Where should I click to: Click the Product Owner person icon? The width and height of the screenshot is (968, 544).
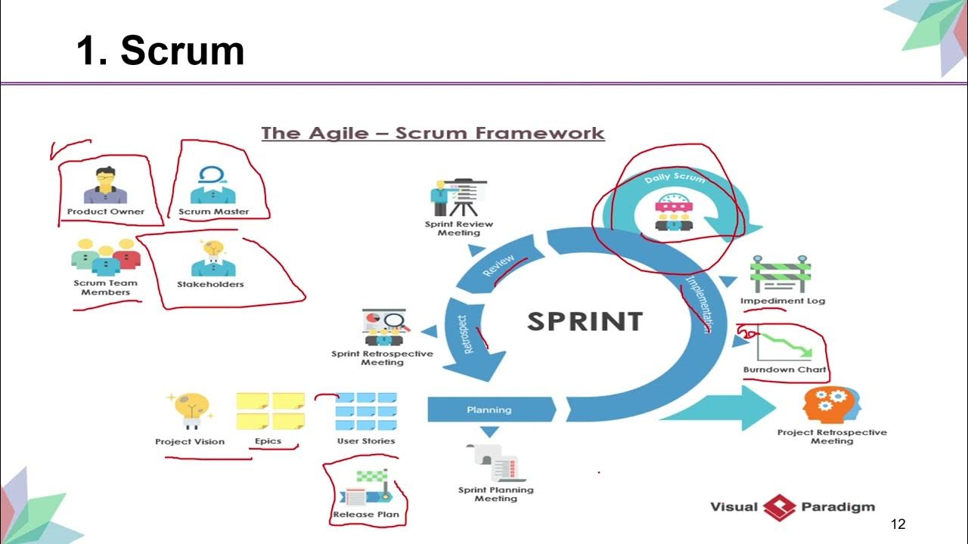click(105, 186)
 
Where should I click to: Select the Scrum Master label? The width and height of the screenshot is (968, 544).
click(213, 212)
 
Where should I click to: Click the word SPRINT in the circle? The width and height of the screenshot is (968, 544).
click(585, 320)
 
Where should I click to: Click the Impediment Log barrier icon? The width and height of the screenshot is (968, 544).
click(781, 274)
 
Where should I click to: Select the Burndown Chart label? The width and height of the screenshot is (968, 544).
click(785, 369)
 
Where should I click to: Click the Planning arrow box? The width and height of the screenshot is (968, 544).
click(490, 410)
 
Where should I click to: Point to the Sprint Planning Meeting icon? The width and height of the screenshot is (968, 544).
click(496, 462)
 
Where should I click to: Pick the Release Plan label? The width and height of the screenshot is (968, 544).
click(366, 515)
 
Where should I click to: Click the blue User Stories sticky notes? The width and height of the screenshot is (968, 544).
click(366, 411)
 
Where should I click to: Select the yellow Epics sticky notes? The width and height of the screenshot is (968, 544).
click(270, 411)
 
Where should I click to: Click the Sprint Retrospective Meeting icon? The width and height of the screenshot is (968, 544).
click(383, 326)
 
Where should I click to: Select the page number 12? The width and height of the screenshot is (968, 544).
click(898, 524)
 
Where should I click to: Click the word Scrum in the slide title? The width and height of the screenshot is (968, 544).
click(182, 51)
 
